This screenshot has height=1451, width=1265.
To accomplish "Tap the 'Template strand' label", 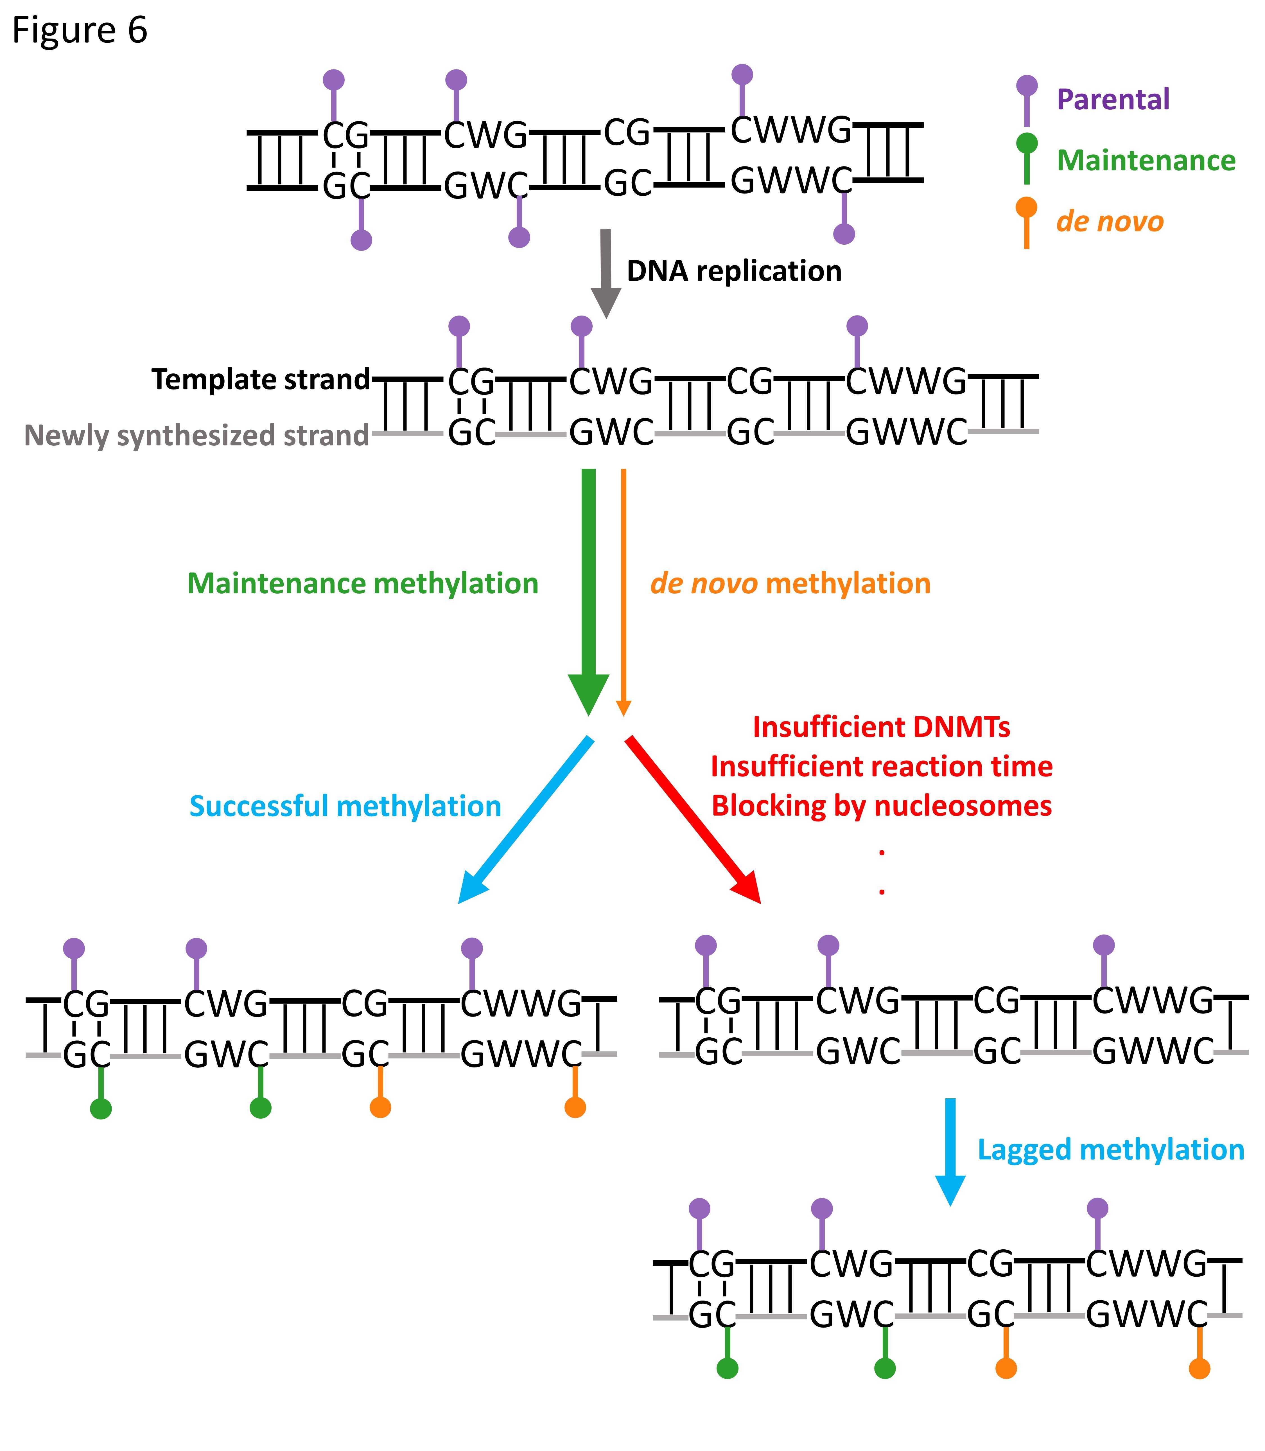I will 261,380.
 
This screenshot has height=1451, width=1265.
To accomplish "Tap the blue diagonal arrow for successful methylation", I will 526,819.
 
